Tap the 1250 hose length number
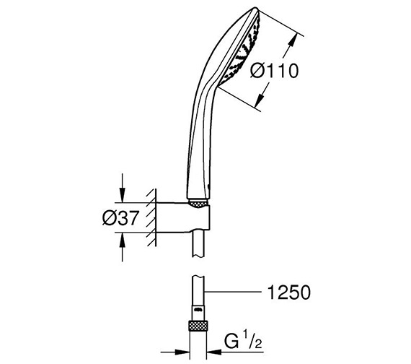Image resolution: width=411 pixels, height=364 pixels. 287,292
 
